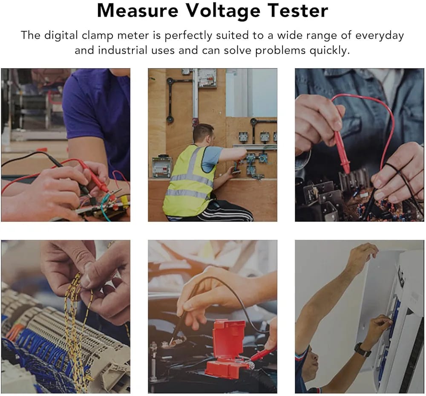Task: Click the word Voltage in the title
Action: [x=223, y=11]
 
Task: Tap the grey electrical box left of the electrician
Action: [x=161, y=168]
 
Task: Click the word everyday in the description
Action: [x=380, y=36]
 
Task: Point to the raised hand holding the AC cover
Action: [x=364, y=251]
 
